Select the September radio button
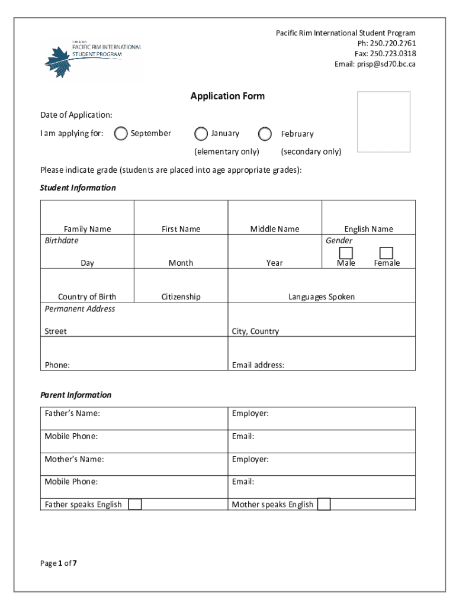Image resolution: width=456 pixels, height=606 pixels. pos(121,134)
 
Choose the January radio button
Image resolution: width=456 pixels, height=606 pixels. pos(201,134)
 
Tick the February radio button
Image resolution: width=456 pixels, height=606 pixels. pos(265,134)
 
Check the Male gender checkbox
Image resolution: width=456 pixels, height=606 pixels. pos(346,253)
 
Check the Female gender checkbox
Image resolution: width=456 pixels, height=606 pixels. pos(386,253)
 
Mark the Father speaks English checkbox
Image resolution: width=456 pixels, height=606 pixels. pos(135,504)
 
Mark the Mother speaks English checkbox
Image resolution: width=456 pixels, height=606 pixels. pos(324,504)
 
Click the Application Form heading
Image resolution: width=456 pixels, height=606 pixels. pos(227,96)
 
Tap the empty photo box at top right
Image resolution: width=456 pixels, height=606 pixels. pos(384,121)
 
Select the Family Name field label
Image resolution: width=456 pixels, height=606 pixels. pos(87,229)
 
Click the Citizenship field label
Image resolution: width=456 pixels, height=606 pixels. pos(181,297)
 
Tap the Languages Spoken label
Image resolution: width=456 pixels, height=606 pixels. pos(322,297)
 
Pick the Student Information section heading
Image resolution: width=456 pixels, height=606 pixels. pos(78,188)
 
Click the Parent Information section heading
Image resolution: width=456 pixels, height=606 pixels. pos(76,395)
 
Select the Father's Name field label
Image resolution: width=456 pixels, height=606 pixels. pos(72,414)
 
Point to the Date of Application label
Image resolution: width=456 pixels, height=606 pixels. pos(76,115)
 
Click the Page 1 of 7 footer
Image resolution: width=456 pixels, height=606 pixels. pos(59,563)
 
